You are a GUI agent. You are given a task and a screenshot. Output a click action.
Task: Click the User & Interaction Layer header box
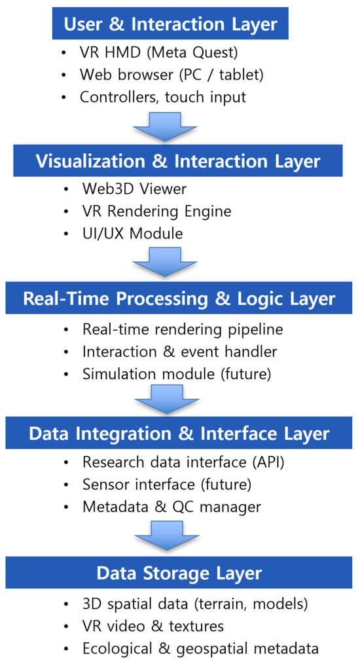click(x=170, y=23)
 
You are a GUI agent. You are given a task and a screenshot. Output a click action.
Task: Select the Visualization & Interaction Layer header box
click(x=177, y=160)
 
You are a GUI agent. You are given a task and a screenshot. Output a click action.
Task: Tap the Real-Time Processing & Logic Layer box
click(x=179, y=298)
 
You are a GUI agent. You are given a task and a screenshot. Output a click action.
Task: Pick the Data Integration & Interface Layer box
click(x=179, y=433)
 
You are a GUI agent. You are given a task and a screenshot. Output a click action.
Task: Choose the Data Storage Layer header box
click(x=179, y=572)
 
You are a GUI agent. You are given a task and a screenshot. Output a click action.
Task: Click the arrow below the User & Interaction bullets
click(x=165, y=126)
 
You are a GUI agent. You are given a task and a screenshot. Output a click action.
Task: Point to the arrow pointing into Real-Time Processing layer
click(x=165, y=262)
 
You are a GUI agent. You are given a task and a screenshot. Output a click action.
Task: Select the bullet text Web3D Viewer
click(x=134, y=189)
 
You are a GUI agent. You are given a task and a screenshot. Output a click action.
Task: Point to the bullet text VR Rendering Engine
click(x=156, y=211)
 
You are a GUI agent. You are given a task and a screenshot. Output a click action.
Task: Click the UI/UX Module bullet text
click(x=132, y=233)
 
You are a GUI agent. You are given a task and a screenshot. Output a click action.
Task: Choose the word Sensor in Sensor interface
click(x=103, y=485)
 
